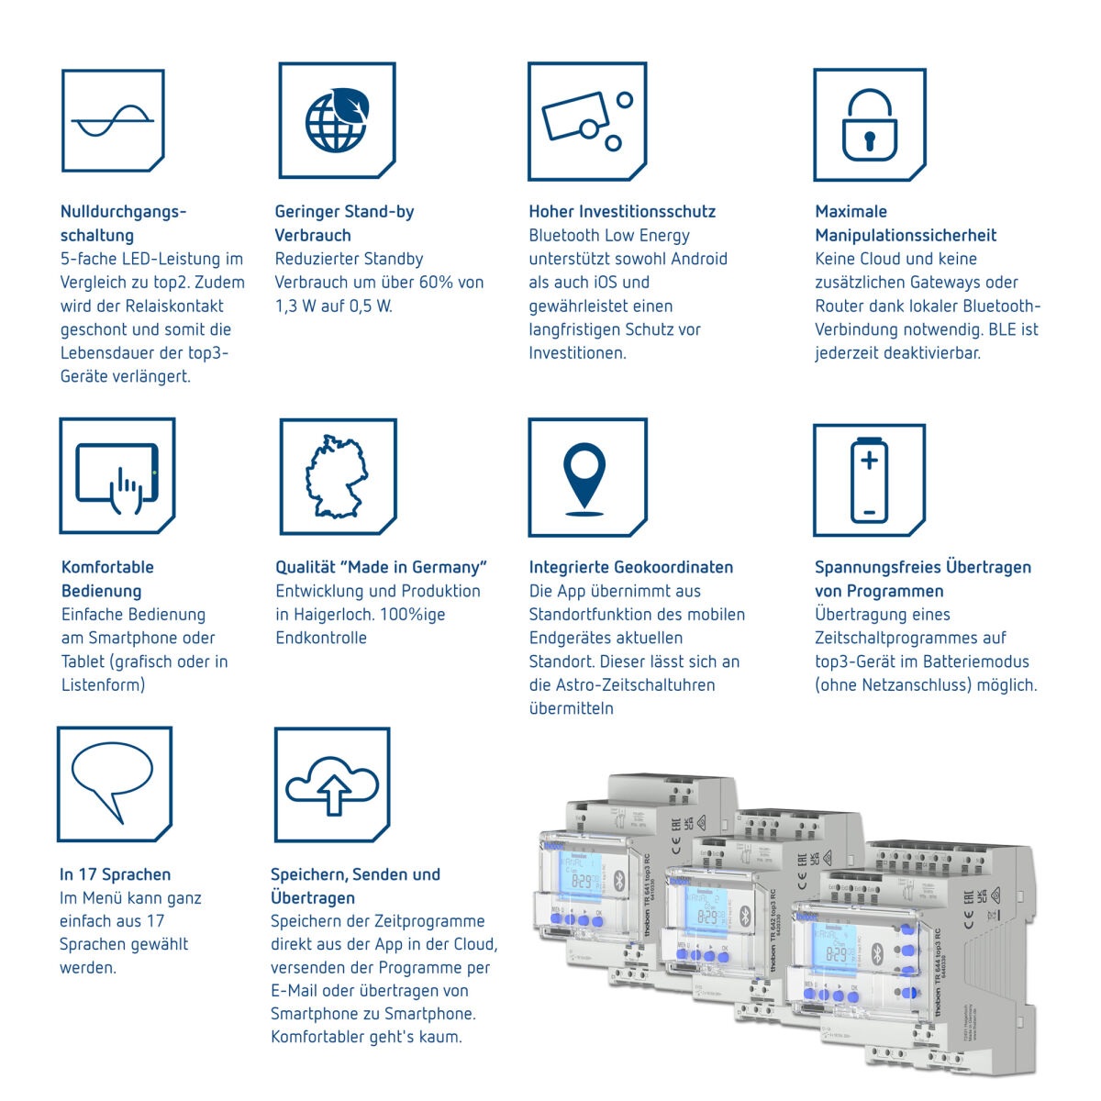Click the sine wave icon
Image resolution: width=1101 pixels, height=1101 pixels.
point(112,120)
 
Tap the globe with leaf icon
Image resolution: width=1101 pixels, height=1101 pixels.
point(337,120)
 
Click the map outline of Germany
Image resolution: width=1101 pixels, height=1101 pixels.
point(336,477)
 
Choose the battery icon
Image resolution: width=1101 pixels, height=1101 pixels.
point(869,480)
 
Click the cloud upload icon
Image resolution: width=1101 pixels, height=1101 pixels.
point(332,785)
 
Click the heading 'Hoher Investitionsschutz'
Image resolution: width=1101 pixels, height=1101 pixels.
point(622,212)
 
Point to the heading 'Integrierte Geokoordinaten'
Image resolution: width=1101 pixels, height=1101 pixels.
point(631,567)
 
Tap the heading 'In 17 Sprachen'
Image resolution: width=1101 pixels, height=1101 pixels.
point(116,874)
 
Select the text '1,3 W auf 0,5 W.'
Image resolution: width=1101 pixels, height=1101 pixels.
point(334,306)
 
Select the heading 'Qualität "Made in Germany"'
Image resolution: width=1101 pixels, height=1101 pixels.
point(381,567)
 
